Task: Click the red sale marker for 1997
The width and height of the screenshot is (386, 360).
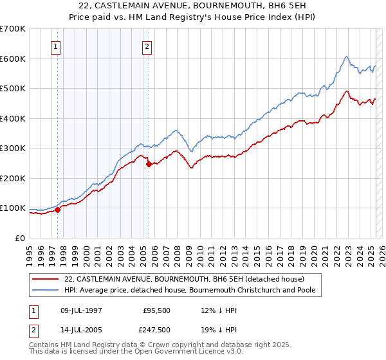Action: pyautogui.click(x=57, y=209)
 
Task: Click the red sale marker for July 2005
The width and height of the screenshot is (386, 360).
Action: pyautogui.click(x=149, y=164)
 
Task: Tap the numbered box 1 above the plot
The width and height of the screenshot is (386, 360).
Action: pyautogui.click(x=56, y=46)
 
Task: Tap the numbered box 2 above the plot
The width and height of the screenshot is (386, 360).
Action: pyautogui.click(x=147, y=46)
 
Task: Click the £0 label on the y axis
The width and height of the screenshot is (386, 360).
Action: pyautogui.click(x=19, y=238)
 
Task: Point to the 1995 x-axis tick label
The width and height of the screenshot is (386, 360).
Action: pyautogui.click(x=30, y=252)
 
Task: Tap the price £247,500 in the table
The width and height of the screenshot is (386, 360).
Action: pyautogui.click(x=156, y=330)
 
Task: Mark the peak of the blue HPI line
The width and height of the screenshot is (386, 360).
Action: pyautogui.click(x=346, y=57)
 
